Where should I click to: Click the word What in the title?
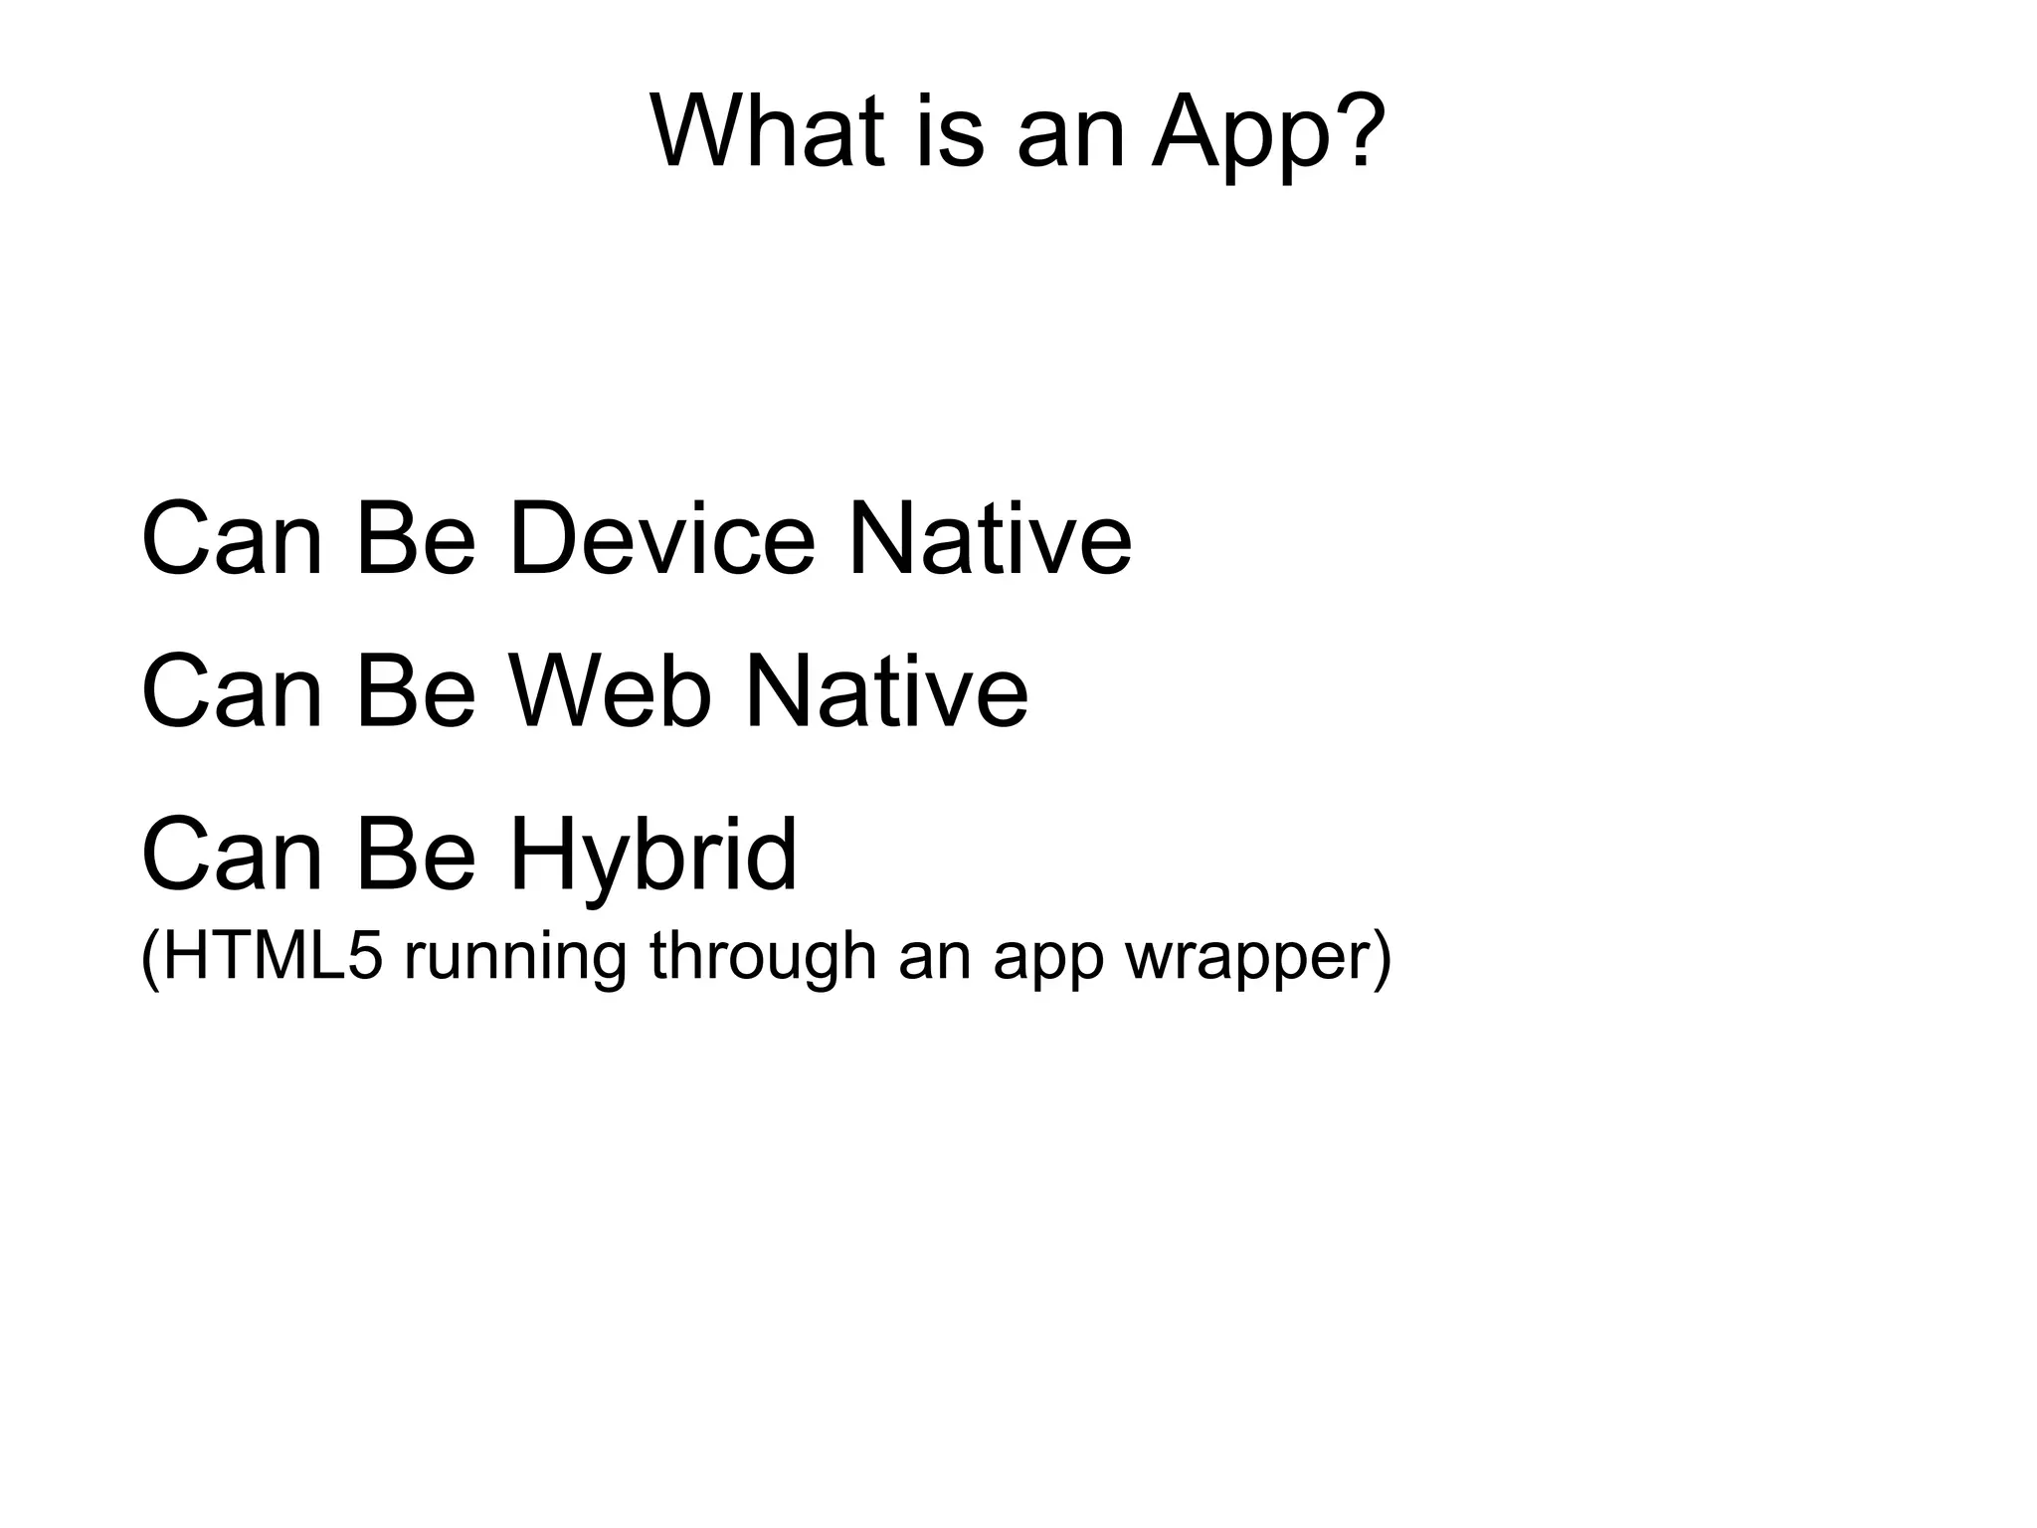coord(767,131)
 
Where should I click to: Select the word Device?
coord(661,538)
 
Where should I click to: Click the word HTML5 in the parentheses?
coord(263,957)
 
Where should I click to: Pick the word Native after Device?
coord(989,538)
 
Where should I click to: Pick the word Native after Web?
coord(886,690)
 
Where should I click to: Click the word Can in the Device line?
coord(233,538)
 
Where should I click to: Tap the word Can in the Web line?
coord(233,690)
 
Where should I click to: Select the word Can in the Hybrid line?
coord(233,854)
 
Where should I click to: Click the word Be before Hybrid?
coord(416,854)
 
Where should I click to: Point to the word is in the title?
coord(949,131)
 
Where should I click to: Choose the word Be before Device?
coord(416,538)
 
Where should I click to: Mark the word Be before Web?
coord(416,690)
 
